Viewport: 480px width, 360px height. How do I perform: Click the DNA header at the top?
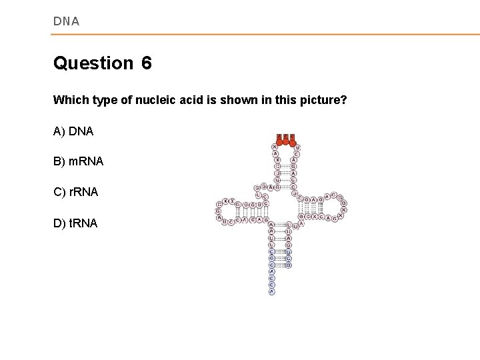pos(66,21)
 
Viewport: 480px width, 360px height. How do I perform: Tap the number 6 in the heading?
pos(147,63)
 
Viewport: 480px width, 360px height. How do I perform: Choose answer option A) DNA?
pos(73,131)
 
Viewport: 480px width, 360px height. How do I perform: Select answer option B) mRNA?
pos(78,161)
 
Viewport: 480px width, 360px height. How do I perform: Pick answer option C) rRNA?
pos(75,192)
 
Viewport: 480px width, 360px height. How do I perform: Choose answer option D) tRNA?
pos(75,223)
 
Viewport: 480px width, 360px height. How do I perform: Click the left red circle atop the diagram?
pos(279,138)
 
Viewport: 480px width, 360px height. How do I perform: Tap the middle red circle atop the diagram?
pos(285,138)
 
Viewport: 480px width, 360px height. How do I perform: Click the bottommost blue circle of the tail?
pos(271,291)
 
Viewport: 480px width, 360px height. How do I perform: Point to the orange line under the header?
pos(267,34)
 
